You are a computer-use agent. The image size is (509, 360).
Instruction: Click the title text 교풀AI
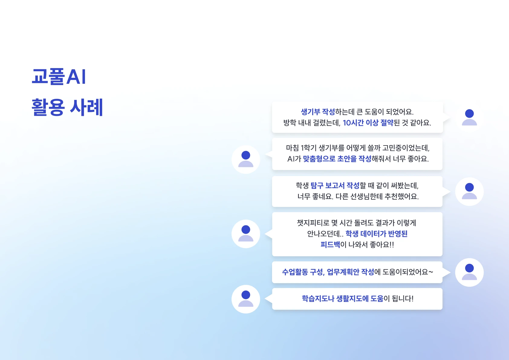tap(59, 77)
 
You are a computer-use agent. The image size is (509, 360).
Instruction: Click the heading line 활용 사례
tap(67, 107)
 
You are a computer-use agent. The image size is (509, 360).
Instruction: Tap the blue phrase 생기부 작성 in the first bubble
tap(318, 112)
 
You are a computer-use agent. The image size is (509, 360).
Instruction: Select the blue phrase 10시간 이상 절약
tap(368, 123)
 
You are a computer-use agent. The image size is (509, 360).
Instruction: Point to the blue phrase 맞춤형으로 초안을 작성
tap(337, 159)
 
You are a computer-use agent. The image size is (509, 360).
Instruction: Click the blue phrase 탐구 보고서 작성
tap(335, 185)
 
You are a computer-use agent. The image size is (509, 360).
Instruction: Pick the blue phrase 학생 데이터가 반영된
tap(377, 234)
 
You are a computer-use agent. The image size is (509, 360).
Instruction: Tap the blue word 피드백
tap(330, 245)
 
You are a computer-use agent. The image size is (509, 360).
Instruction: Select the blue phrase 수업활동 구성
tap(303, 272)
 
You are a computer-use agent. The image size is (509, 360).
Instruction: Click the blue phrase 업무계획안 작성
tap(350, 272)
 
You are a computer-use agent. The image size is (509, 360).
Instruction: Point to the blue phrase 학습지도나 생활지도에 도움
tap(343, 299)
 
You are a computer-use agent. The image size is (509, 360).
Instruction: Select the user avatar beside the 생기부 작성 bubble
tap(469, 117)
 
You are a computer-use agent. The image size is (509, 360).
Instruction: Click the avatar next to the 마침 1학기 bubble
tap(246, 159)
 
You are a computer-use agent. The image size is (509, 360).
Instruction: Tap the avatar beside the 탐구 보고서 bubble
tap(469, 191)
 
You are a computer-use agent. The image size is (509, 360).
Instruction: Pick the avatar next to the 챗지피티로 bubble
tap(246, 234)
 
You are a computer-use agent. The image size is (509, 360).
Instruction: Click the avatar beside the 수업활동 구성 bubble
tap(469, 272)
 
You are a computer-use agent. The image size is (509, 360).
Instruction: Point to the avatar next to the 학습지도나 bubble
tap(246, 299)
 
